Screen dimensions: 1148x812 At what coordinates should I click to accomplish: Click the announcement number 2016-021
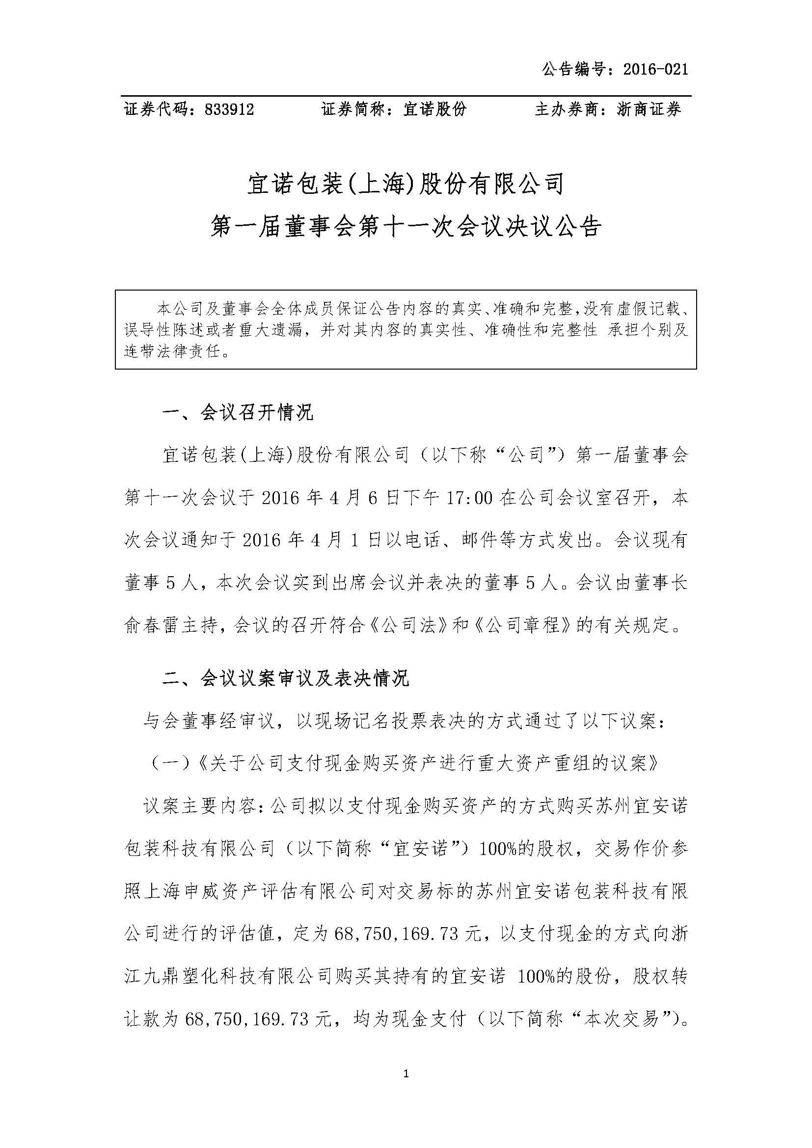655,69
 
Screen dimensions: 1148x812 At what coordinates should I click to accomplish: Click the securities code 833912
229,109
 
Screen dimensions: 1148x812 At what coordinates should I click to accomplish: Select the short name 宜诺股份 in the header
434,109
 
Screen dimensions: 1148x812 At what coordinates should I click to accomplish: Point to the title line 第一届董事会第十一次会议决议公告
406,228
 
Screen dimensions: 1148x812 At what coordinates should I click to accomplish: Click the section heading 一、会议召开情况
238,412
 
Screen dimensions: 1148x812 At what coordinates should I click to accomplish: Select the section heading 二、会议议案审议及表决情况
286,678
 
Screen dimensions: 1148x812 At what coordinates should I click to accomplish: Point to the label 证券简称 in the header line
354,109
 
